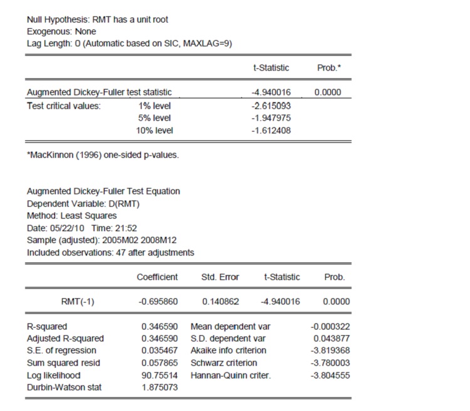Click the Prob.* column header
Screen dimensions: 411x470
coord(328,67)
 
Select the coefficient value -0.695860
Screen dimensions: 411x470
coord(158,301)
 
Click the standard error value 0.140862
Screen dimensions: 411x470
coord(221,301)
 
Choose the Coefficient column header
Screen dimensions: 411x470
coord(157,276)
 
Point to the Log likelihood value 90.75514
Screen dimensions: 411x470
coord(160,375)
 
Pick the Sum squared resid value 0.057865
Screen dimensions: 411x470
coord(160,363)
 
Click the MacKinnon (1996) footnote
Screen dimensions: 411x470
coord(103,155)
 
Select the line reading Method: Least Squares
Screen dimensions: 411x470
coord(72,216)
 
